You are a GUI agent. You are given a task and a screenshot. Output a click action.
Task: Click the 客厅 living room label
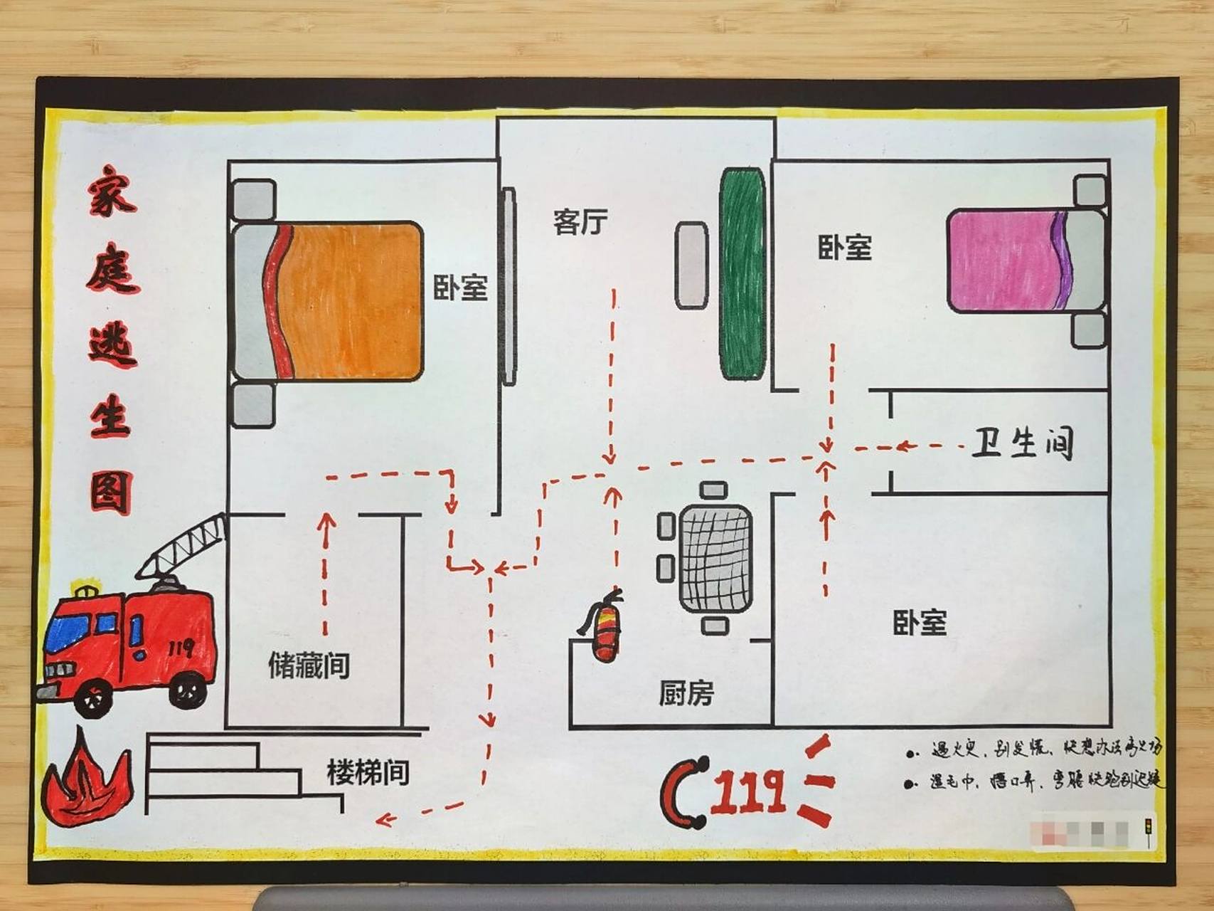point(580,222)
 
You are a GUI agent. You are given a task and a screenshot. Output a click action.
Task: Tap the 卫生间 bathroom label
point(1021,443)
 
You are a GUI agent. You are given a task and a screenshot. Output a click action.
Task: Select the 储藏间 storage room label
point(309,666)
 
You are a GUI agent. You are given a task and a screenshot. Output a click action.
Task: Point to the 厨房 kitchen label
point(686,693)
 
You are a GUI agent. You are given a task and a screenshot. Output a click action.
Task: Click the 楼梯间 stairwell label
point(368,772)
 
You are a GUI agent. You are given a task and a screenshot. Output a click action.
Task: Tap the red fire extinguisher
point(605,629)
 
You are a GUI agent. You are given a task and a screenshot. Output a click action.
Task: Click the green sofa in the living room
point(742,275)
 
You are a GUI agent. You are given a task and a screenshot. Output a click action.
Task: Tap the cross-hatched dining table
point(715,558)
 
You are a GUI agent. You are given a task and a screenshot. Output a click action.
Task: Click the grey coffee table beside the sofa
point(691,265)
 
